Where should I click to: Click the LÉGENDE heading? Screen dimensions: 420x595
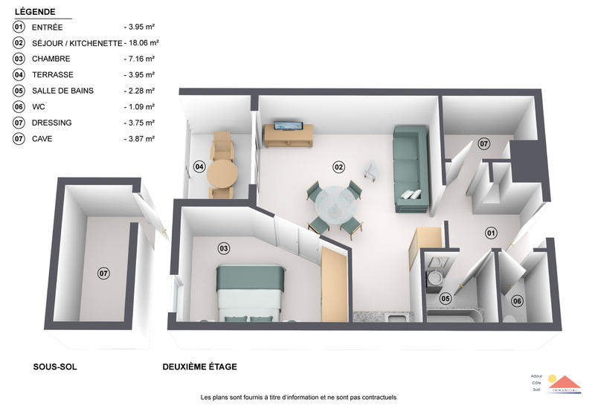(36, 13)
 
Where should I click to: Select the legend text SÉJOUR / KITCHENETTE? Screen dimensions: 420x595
(77, 43)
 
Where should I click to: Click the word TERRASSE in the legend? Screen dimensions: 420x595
(53, 75)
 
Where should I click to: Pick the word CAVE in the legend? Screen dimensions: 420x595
(42, 138)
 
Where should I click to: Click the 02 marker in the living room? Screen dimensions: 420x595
(338, 167)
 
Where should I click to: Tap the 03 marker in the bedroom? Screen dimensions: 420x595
(222, 248)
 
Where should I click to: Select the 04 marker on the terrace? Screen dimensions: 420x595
(199, 167)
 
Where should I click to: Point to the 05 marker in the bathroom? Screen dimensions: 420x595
(445, 299)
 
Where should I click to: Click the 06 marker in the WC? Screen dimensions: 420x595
(517, 300)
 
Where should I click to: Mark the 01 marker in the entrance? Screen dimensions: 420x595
(491, 233)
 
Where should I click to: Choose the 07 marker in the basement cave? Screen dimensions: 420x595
(103, 274)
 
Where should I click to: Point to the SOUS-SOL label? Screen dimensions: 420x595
(55, 367)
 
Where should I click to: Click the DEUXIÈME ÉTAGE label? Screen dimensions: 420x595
(200, 367)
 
